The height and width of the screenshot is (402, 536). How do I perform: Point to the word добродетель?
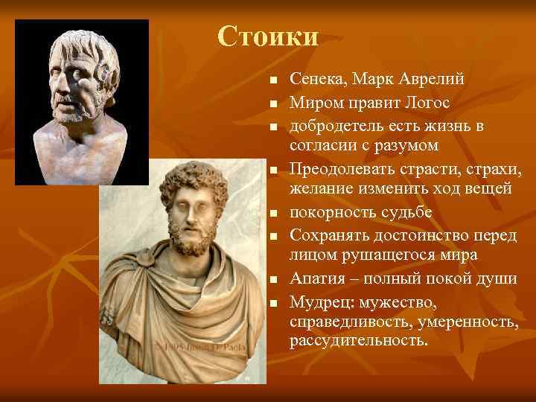(336, 123)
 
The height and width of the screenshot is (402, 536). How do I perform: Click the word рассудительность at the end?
(360, 341)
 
